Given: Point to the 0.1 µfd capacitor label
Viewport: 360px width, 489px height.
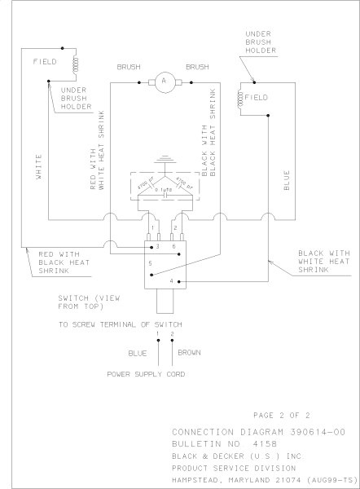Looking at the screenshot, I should pyautogui.click(x=168, y=190).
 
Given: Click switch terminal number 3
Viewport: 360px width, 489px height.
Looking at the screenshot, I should pyautogui.click(x=157, y=245).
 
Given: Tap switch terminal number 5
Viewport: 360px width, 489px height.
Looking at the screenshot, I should pyautogui.click(x=151, y=264).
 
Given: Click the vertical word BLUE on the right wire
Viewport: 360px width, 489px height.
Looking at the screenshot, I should pyautogui.click(x=286, y=179).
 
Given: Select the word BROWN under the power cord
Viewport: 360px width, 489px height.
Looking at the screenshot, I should pyautogui.click(x=190, y=353).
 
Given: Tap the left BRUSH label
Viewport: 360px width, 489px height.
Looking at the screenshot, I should pyautogui.click(x=130, y=66).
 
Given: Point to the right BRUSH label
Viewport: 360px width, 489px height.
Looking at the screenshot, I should pyautogui.click(x=199, y=66).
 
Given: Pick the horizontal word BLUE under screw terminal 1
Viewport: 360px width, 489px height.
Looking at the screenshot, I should pyautogui.click(x=137, y=353).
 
